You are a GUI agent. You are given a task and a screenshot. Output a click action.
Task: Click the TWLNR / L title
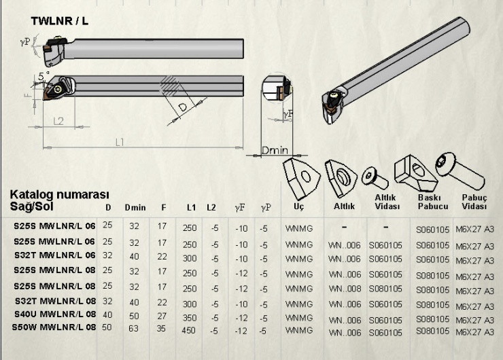tap(60, 21)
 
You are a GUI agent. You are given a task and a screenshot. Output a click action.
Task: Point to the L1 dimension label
tap(120, 143)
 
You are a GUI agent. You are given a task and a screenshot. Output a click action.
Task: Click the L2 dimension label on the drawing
tap(58, 121)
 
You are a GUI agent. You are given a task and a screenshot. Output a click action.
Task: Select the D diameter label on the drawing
tap(183, 107)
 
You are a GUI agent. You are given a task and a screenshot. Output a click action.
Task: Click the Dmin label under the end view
tap(275, 150)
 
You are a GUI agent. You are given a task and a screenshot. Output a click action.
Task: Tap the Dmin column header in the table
tap(135, 208)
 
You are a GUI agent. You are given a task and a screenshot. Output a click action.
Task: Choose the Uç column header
tap(298, 206)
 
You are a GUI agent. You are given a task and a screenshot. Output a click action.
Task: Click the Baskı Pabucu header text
tap(433, 202)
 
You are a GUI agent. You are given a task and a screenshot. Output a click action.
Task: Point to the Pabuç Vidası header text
tap(474, 202)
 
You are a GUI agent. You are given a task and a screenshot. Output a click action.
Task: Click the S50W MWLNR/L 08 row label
tap(54, 327)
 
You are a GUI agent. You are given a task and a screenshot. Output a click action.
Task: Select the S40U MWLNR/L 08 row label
tap(55, 314)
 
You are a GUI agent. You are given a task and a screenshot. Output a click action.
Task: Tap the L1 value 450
tap(188, 330)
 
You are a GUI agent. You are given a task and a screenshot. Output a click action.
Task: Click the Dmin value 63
tap(133, 328)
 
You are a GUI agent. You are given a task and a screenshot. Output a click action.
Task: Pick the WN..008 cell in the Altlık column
tap(345, 289)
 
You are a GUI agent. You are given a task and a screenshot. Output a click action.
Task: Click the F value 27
tap(162, 316)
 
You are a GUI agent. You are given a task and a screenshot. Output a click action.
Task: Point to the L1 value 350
tap(189, 318)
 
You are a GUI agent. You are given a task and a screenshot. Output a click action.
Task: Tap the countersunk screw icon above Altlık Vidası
tap(375, 179)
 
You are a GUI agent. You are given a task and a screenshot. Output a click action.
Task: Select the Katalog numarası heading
tap(60, 194)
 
